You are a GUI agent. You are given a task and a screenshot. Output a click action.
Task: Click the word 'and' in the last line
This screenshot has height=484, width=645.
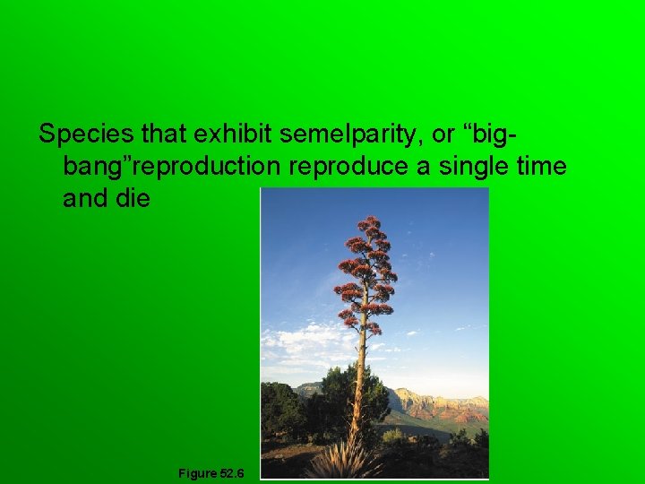[x=84, y=198]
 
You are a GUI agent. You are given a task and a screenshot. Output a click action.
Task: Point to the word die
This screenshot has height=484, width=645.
[x=133, y=198]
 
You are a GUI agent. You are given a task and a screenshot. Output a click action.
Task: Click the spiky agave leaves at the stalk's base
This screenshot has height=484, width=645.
[x=345, y=461]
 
